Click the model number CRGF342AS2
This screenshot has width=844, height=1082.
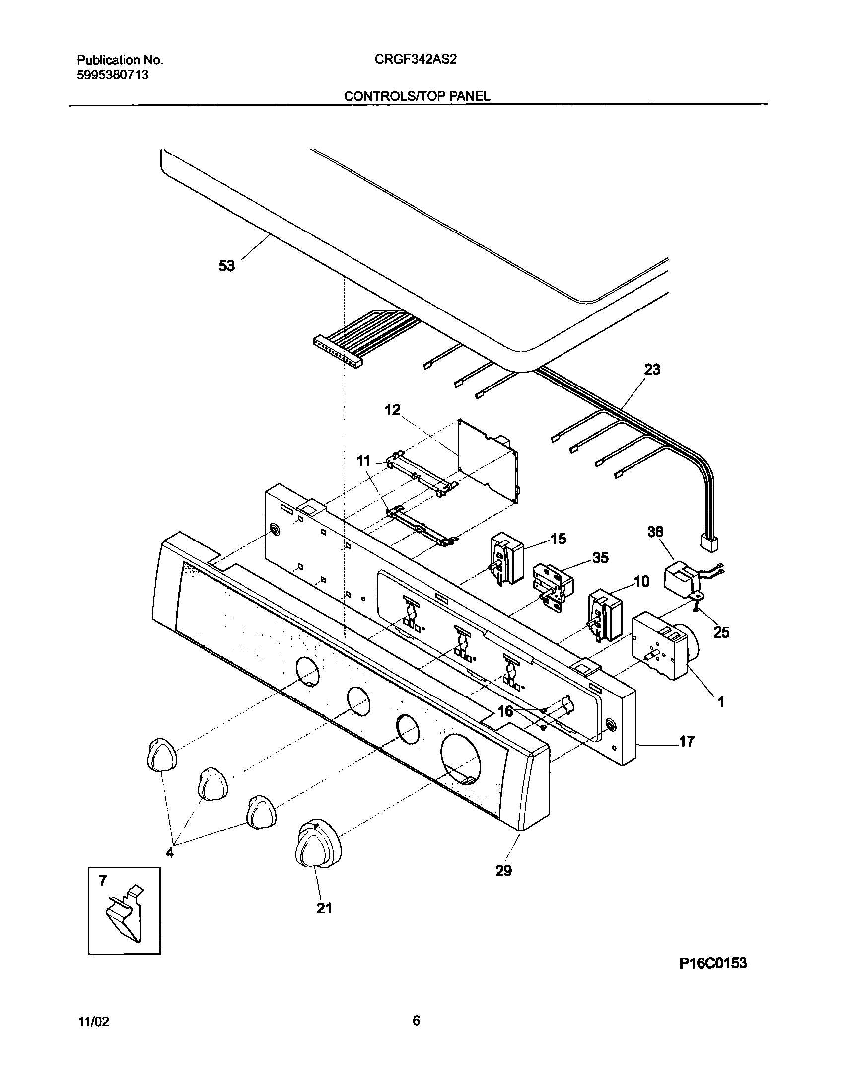[416, 60]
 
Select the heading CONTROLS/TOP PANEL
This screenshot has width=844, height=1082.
[417, 96]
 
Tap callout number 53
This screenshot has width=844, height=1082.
[226, 266]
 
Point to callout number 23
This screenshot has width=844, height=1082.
[652, 369]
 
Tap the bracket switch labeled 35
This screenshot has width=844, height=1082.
[552, 585]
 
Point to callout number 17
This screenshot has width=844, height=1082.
[686, 756]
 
